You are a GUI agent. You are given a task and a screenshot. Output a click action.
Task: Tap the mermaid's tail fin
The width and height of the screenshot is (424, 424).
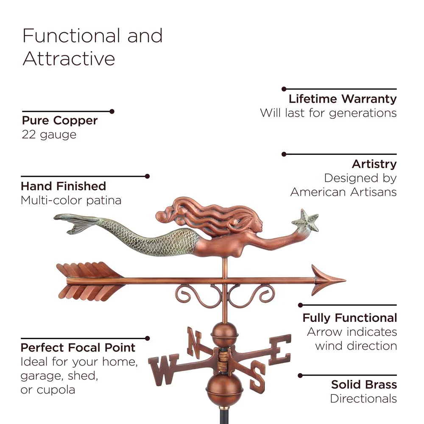pyautogui.click(x=74, y=222)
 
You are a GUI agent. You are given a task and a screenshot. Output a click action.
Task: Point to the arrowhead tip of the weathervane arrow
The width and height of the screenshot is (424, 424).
pyautogui.click(x=346, y=280)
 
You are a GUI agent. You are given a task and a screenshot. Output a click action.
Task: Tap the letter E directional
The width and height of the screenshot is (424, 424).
pyautogui.click(x=280, y=349)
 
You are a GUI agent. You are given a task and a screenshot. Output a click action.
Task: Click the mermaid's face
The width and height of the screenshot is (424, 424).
pyautogui.click(x=257, y=224)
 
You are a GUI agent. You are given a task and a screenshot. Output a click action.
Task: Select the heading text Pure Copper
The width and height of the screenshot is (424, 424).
pyautogui.click(x=60, y=120)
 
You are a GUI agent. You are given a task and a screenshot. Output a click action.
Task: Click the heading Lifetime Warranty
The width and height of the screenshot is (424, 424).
pyautogui.click(x=343, y=99)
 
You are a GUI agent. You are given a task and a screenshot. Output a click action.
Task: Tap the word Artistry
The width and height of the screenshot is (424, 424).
pyautogui.click(x=374, y=164)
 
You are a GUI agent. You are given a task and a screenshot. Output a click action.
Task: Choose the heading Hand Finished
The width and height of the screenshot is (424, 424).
pyautogui.click(x=63, y=186)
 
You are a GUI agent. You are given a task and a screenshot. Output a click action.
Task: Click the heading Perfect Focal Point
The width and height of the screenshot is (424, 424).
pyautogui.click(x=78, y=348)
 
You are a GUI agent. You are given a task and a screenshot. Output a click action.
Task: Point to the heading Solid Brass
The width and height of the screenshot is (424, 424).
pyautogui.click(x=364, y=384)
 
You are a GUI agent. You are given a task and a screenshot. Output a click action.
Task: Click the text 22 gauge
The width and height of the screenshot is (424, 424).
pyautogui.click(x=49, y=135)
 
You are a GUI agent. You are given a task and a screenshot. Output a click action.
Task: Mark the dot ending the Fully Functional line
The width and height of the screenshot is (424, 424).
pyautogui.click(x=300, y=305)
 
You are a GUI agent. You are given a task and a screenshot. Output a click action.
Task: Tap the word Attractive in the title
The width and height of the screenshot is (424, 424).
pyautogui.click(x=69, y=59)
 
